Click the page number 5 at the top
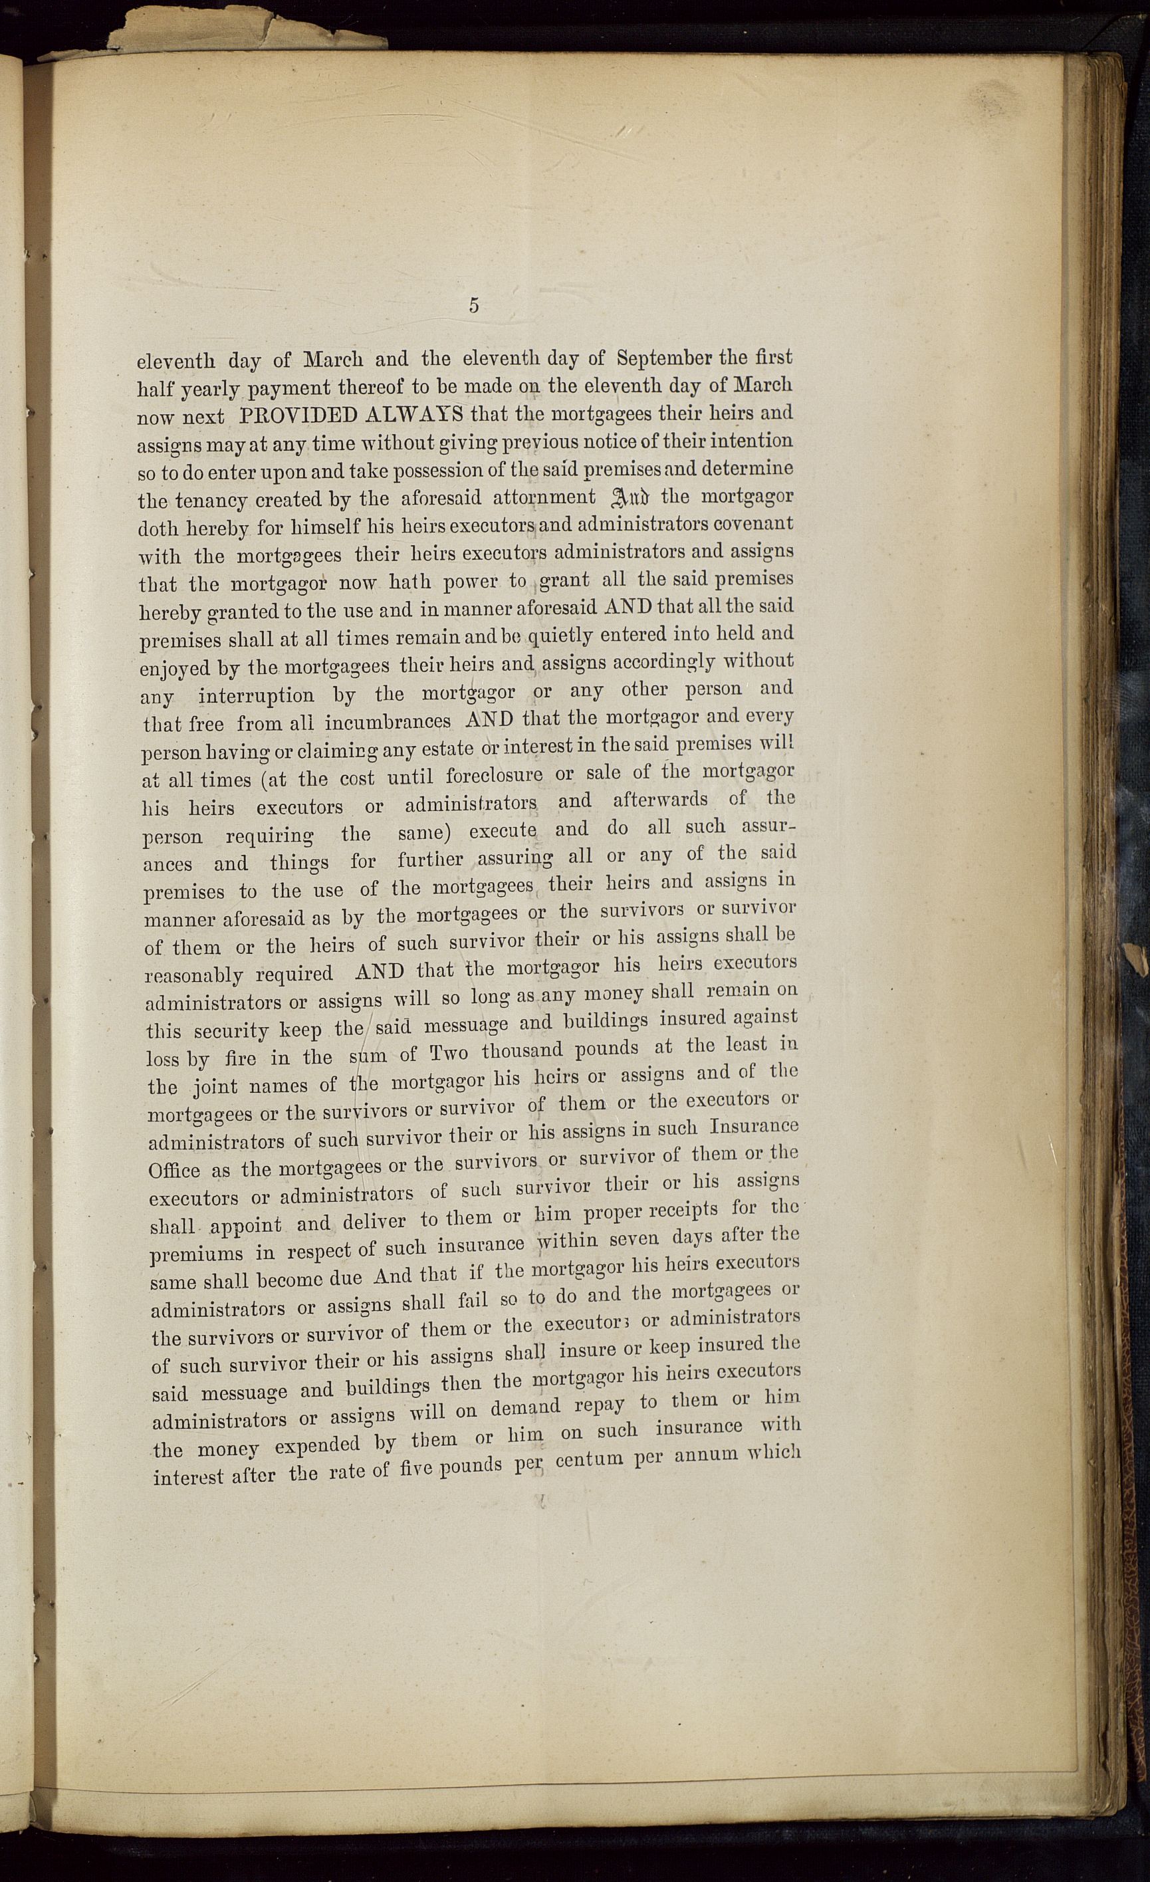tap(474, 306)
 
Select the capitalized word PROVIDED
tap(298, 415)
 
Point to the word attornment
tap(544, 498)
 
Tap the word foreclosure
tap(494, 775)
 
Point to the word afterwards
tap(660, 800)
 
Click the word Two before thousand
tap(449, 1052)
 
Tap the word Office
tap(174, 1170)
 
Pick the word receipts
tap(671, 1211)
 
